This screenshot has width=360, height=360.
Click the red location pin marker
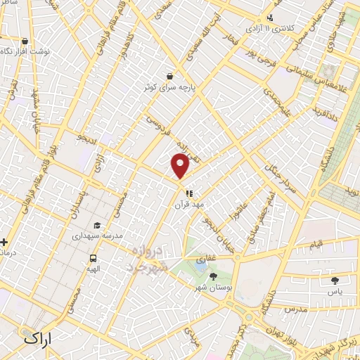180,166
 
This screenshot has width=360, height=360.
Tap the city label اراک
39,337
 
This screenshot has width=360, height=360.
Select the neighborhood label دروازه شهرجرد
148,259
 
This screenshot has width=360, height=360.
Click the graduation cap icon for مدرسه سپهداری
96,226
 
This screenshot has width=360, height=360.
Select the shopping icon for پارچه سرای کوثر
169,75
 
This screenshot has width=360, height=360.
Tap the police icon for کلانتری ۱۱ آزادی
270,19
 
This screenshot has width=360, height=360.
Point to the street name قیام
318,243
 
